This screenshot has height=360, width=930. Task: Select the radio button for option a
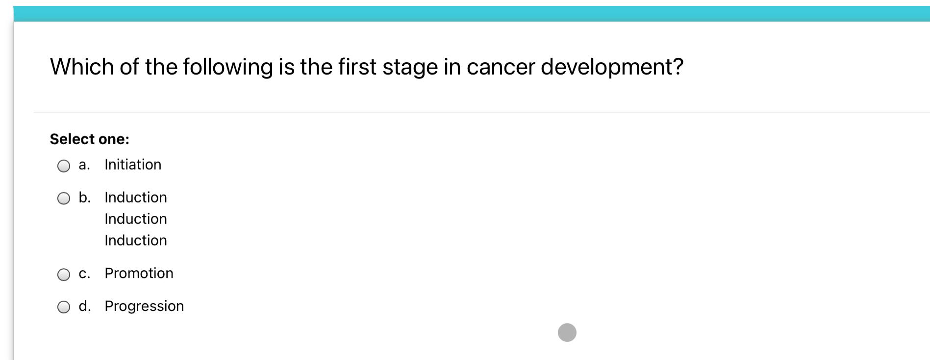coord(64,166)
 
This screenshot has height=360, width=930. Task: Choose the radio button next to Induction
coord(64,199)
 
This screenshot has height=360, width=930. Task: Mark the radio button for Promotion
coord(64,275)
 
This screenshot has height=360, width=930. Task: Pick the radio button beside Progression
coord(64,308)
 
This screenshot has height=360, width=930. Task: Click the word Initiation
coord(133,164)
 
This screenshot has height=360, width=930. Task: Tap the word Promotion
coord(139,273)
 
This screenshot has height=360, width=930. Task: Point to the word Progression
coord(145,307)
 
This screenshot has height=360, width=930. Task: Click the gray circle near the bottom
coord(567,333)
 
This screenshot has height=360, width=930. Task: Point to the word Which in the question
coord(82,67)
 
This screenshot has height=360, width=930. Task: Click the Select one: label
coord(90,139)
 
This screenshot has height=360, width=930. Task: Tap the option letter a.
coord(84,165)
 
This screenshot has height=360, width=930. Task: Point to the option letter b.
coord(85,197)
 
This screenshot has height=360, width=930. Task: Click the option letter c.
coord(84,274)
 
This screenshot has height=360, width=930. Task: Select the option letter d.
coord(85,306)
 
